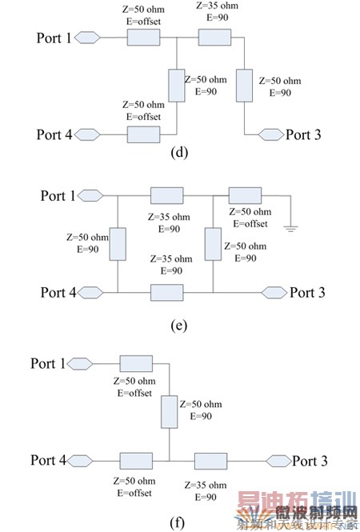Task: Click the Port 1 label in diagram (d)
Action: [55, 38]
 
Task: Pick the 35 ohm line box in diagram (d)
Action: [214, 38]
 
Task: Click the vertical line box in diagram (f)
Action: [170, 412]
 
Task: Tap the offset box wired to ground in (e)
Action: [245, 195]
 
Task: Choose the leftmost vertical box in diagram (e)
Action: [118, 244]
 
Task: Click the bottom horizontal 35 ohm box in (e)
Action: [166, 293]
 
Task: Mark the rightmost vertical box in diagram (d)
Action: [244, 86]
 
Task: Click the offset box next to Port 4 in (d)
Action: [143, 134]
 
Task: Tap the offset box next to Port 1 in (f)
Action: [136, 364]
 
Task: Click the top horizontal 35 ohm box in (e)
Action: [166, 195]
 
